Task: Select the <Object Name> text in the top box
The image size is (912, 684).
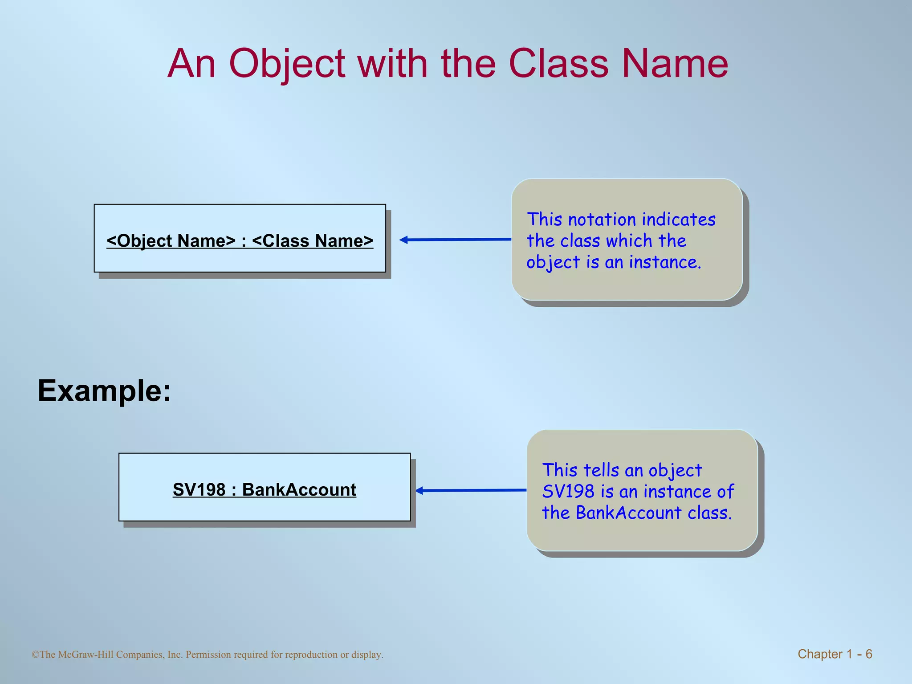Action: point(171,240)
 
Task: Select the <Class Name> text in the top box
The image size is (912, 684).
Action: point(313,240)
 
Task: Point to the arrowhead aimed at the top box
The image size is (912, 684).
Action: point(403,240)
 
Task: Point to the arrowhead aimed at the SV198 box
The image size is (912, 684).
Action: point(419,491)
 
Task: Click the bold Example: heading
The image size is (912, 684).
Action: point(104,391)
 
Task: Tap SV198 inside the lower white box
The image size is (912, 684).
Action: point(199,489)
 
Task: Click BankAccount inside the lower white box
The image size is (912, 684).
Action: point(299,489)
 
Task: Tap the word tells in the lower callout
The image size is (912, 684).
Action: point(601,470)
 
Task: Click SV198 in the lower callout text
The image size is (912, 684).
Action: point(568,492)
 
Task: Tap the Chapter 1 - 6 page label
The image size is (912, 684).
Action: point(835,654)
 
